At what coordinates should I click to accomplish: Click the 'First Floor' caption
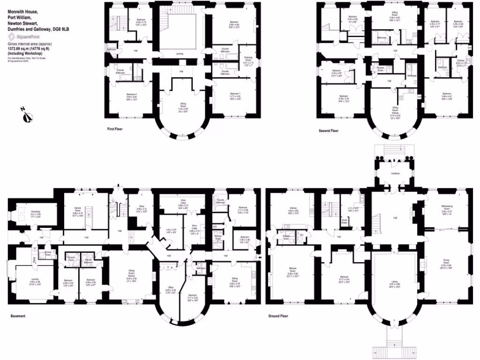(x=114, y=128)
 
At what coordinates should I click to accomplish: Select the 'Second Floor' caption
(x=328, y=131)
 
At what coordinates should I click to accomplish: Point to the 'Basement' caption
(x=17, y=316)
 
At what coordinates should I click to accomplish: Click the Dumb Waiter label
(x=344, y=220)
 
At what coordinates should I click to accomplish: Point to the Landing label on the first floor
(x=180, y=54)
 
